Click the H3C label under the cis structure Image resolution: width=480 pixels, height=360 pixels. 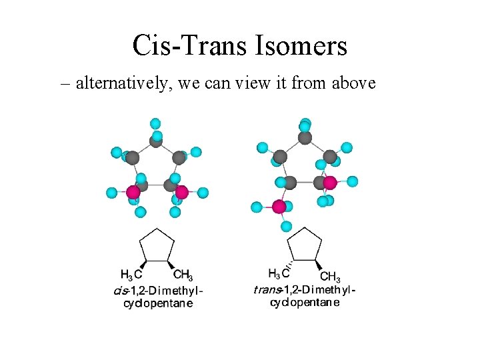pyautogui.click(x=131, y=274)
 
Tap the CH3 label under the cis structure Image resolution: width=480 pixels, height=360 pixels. pyautogui.click(x=183, y=275)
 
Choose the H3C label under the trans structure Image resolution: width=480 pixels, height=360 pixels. pyautogui.click(x=279, y=273)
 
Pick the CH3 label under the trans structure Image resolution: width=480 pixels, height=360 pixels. pyautogui.click(x=330, y=277)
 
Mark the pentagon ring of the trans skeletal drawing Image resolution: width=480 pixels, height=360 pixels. pyautogui.click(x=305, y=245)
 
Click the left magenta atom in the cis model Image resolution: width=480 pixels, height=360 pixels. pyautogui.click(x=133, y=192)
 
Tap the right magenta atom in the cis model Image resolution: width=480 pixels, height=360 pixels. pyautogui.click(x=181, y=192)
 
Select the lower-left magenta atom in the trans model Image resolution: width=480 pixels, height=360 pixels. pyautogui.click(x=279, y=207)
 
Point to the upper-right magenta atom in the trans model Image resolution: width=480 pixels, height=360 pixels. pyautogui.click(x=329, y=182)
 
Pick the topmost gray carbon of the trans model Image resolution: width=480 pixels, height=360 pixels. pyautogui.click(x=305, y=137)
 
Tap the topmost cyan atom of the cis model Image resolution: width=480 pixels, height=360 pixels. pyautogui.click(x=155, y=123)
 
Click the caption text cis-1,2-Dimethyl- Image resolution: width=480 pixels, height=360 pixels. pyautogui.click(x=158, y=290)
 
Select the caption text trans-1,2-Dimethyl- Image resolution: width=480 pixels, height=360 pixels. pyautogui.click(x=305, y=289)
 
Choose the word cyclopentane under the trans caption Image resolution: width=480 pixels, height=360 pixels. pyautogui.click(x=305, y=302)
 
